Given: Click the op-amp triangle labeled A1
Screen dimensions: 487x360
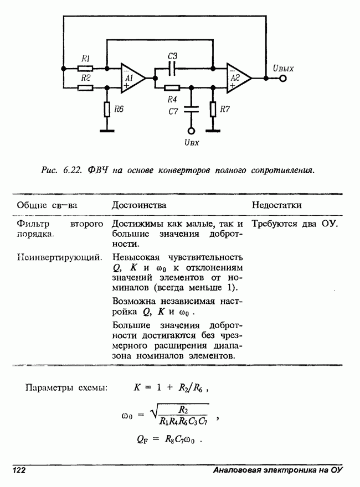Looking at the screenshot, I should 132,79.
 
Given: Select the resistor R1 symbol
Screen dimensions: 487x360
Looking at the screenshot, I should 85,69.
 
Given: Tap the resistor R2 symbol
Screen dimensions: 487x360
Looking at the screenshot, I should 85,87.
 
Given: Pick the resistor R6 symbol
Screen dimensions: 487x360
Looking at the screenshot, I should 107,109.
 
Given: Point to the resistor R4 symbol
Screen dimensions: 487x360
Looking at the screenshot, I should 172,87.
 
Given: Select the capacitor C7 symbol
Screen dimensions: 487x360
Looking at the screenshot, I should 191,110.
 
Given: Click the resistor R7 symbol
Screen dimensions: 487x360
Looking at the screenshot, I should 213,109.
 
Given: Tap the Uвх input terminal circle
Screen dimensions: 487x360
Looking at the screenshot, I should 191,131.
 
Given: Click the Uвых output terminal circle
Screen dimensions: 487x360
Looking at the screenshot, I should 283,79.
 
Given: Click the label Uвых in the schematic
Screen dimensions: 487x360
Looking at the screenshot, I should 283,69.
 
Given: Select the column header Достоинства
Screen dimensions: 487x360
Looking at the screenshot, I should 139,205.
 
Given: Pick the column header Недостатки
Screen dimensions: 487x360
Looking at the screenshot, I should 277,205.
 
